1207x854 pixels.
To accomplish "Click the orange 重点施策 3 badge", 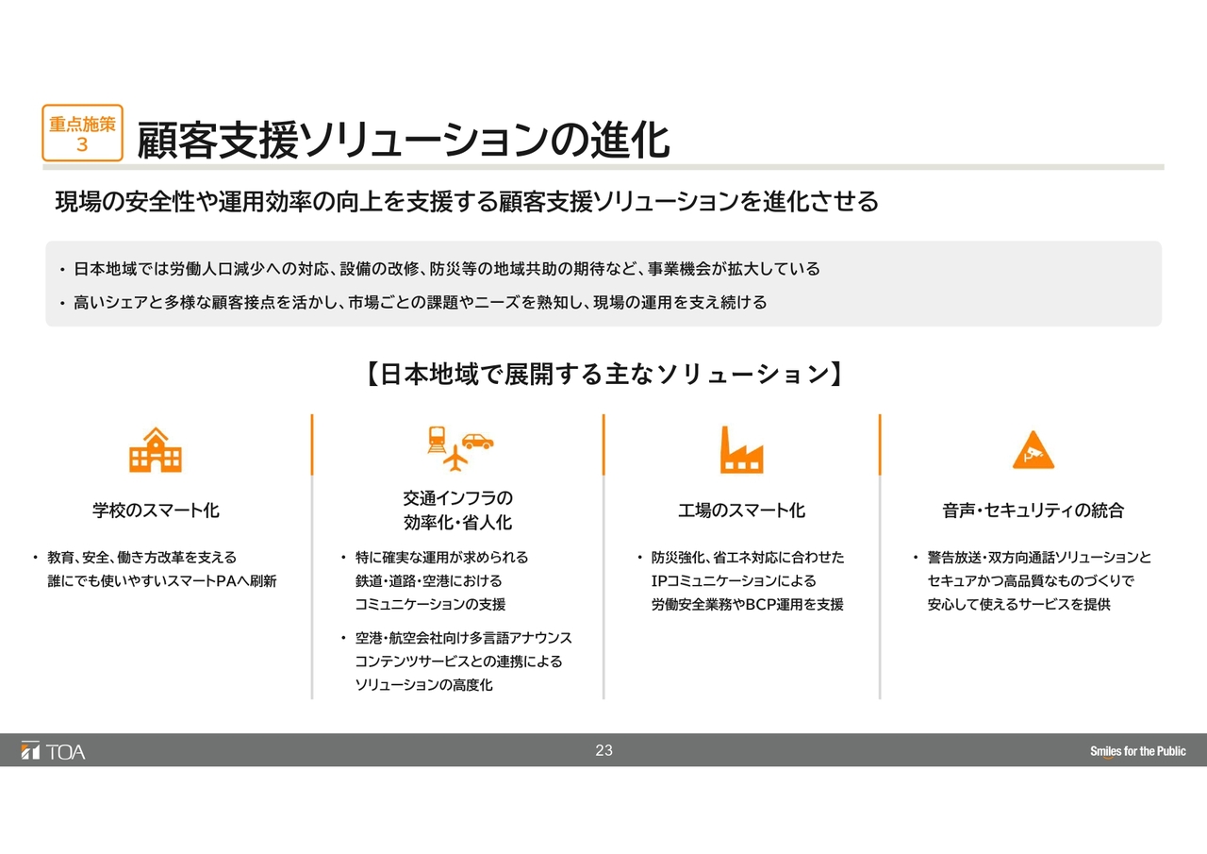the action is [x=82, y=133].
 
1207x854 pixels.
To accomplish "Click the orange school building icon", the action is [x=156, y=449].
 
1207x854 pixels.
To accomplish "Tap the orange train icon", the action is [x=437, y=440].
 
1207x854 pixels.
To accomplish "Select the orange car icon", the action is [x=477, y=441].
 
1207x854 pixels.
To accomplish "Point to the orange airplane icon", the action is [x=455, y=458].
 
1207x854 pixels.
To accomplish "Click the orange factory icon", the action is [x=741, y=449].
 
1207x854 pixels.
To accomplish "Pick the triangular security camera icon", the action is [x=1033, y=449].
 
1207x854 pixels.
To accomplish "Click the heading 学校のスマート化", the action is [x=156, y=510].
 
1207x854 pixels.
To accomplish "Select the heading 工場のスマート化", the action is [x=741, y=510].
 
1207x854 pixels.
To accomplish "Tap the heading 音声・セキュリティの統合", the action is [x=1033, y=510].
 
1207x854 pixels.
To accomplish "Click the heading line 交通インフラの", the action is [x=458, y=498].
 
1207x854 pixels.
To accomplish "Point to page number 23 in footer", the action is [x=603, y=750].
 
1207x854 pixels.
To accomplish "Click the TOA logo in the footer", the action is [x=53, y=751].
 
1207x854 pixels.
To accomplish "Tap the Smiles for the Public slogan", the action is [x=1137, y=751].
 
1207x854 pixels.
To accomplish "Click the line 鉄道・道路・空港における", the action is [x=428, y=580].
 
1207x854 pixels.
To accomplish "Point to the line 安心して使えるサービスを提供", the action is [x=1019, y=604].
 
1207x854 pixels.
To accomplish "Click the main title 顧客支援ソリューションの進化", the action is [x=404, y=140].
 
